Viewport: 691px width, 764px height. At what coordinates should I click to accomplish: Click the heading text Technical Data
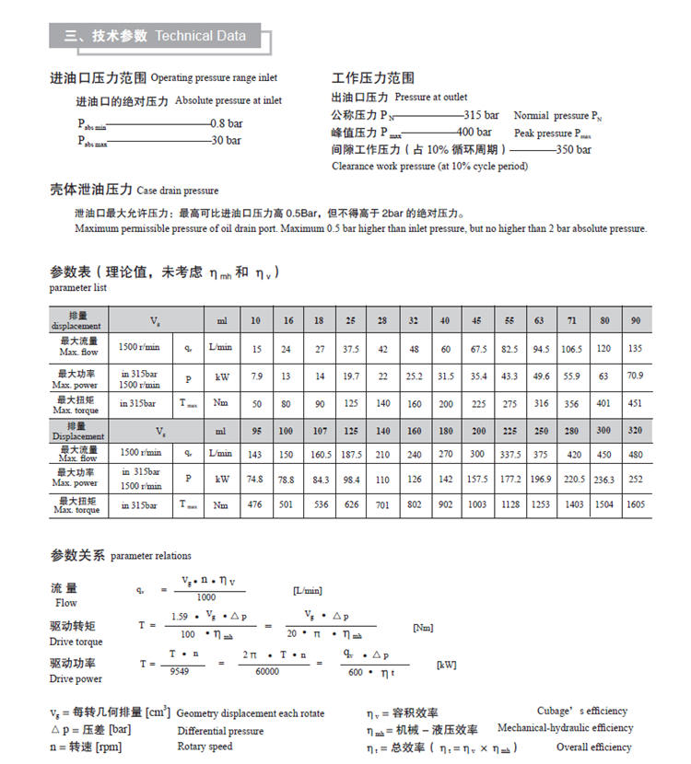pyautogui.click(x=200, y=36)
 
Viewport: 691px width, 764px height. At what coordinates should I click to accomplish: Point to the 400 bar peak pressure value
pyautogui.click(x=474, y=133)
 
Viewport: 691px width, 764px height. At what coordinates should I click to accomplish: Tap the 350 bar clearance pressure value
pyautogui.click(x=574, y=149)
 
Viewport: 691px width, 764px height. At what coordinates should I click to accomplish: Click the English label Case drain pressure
pyautogui.click(x=178, y=191)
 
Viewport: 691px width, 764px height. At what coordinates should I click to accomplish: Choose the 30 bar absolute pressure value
pyautogui.click(x=227, y=141)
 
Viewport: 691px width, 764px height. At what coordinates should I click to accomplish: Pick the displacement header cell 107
pyautogui.click(x=320, y=431)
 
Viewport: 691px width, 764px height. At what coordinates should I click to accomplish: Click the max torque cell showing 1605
pyautogui.click(x=636, y=504)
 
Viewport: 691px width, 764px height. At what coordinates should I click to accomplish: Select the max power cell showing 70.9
pyautogui.click(x=636, y=377)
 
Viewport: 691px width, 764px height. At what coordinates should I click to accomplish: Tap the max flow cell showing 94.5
pyautogui.click(x=541, y=349)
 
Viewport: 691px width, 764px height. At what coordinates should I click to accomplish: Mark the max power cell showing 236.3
pyautogui.click(x=603, y=480)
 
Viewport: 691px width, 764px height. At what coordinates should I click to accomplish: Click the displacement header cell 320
pyautogui.click(x=636, y=431)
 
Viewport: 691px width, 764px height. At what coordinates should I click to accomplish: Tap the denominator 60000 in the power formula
pyautogui.click(x=267, y=672)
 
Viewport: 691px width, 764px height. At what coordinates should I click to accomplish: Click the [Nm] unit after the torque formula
pyautogui.click(x=423, y=628)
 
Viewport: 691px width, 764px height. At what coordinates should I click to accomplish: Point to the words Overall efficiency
pyautogui.click(x=593, y=747)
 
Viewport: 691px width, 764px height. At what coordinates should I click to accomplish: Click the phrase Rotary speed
pyautogui.click(x=205, y=747)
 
